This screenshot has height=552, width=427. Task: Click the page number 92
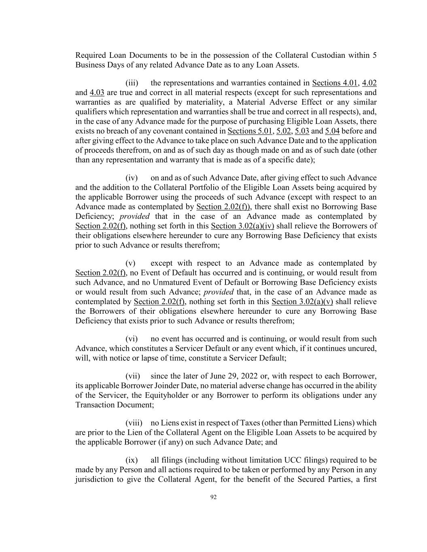[213, 497]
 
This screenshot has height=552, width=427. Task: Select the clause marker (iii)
[132, 83]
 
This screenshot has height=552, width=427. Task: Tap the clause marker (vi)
[132, 339]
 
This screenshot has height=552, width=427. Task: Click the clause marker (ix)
[132, 460]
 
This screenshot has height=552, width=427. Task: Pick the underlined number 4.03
[97, 93]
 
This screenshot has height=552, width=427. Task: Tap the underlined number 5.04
[332, 131]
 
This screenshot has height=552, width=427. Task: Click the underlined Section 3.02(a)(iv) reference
[242, 226]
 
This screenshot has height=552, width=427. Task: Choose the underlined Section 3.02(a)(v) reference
[302, 302]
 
